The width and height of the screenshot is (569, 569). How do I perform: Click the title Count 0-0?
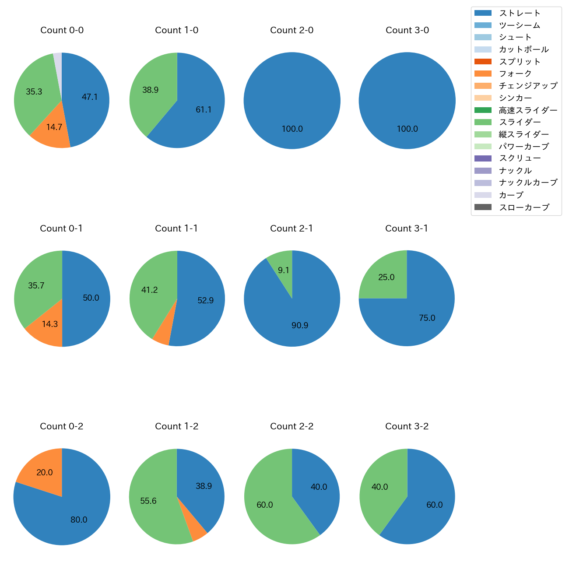[x=62, y=30]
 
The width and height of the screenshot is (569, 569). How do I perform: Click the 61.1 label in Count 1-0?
[x=204, y=109]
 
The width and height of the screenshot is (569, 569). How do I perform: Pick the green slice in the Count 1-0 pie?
[x=151, y=92]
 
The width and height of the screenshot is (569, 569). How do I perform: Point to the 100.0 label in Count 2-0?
[x=292, y=129]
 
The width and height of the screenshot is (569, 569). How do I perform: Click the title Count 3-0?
[x=407, y=30]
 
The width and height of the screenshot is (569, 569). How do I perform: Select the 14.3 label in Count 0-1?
[x=50, y=324]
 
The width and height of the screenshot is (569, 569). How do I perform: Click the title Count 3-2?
[x=407, y=426]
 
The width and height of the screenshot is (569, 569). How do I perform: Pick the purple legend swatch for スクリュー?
[x=483, y=158]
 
